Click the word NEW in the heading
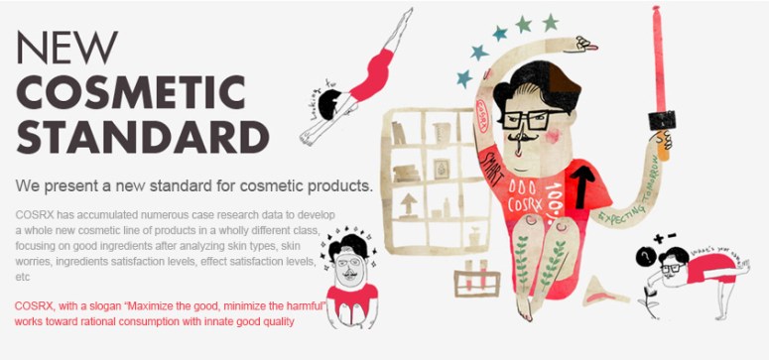(67, 47)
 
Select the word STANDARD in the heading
(130, 138)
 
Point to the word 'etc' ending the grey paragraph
(24, 280)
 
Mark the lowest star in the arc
(463, 78)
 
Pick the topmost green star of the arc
(550, 22)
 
